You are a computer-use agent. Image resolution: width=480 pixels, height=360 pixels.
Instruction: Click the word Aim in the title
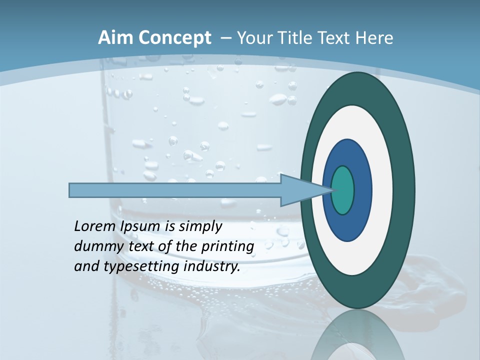point(115,38)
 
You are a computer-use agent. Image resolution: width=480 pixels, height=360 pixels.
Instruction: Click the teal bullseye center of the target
point(343,190)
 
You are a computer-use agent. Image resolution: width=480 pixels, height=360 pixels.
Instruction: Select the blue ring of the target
point(362,190)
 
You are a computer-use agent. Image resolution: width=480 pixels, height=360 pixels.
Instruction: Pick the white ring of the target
point(382,190)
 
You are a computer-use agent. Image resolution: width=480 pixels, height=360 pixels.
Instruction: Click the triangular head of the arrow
point(295,190)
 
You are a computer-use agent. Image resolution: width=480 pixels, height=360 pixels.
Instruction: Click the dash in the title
point(225,38)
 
